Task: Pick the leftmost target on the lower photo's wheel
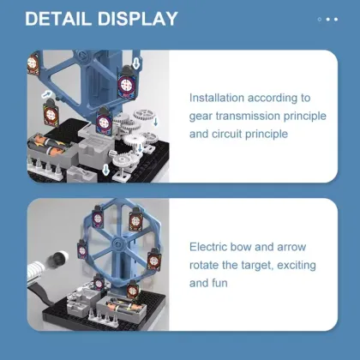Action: click(x=82, y=250)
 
